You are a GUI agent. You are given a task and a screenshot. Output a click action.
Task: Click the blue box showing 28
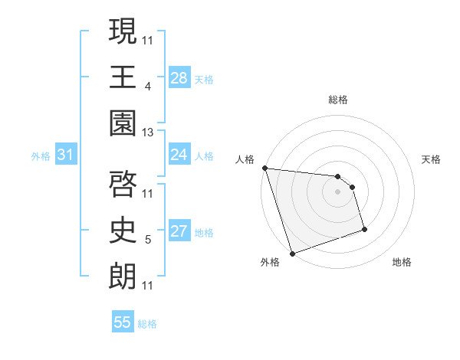point(179,77)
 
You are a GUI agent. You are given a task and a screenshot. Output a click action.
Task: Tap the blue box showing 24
point(179,155)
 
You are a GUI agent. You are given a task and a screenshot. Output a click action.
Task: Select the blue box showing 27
point(179,231)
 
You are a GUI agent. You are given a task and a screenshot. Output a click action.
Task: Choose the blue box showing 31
point(66,155)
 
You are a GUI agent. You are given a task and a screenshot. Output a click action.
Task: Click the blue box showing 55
point(123,322)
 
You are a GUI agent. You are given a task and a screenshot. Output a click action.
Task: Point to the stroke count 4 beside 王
point(147,87)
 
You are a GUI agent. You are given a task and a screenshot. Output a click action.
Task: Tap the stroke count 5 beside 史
point(147,240)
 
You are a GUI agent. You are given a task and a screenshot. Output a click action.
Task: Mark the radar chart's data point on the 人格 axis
point(264,168)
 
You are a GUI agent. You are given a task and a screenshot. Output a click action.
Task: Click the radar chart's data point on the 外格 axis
point(292,254)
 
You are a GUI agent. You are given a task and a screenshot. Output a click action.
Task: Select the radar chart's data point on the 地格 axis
point(364,229)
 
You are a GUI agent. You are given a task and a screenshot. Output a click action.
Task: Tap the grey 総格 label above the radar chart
point(338,99)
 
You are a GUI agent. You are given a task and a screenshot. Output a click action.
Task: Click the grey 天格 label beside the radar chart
point(431,159)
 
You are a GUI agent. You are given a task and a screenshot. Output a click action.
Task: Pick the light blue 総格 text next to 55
point(147,324)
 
